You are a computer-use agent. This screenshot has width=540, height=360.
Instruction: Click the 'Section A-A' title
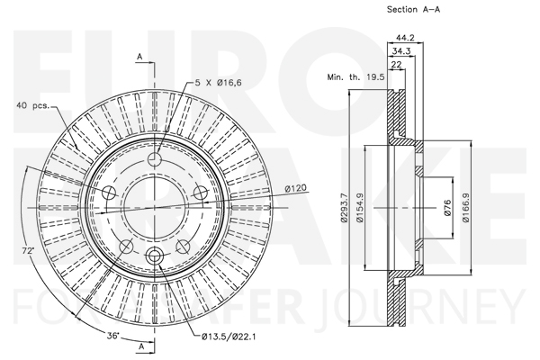413,9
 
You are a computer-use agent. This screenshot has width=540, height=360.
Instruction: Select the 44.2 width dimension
405,38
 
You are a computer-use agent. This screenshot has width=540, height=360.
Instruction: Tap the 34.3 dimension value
401,51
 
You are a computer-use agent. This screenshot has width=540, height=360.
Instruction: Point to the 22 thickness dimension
396,65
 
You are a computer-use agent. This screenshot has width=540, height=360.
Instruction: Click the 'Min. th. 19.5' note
355,76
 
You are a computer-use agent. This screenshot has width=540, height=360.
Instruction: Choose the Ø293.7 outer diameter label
344,208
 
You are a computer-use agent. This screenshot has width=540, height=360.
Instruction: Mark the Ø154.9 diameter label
360,208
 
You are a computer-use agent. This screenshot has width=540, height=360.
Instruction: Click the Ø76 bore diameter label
447,208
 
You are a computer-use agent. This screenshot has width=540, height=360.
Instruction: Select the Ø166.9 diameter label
466,208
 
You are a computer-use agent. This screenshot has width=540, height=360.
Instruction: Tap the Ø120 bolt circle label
295,188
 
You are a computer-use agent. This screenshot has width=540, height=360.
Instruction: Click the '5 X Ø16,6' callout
219,82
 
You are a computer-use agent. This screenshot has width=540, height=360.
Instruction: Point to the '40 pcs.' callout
32,105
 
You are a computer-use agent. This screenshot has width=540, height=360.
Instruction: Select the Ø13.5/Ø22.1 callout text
229,337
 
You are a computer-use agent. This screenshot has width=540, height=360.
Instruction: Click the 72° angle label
28,251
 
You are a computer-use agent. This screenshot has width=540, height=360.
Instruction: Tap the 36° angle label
112,335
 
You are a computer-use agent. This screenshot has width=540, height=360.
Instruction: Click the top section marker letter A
139,57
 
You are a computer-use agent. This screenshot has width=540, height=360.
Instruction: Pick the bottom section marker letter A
141,346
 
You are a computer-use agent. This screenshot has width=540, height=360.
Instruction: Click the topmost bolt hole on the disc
155,158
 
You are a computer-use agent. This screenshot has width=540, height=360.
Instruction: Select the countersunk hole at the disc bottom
155,256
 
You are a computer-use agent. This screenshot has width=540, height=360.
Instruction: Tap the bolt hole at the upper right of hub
201,193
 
